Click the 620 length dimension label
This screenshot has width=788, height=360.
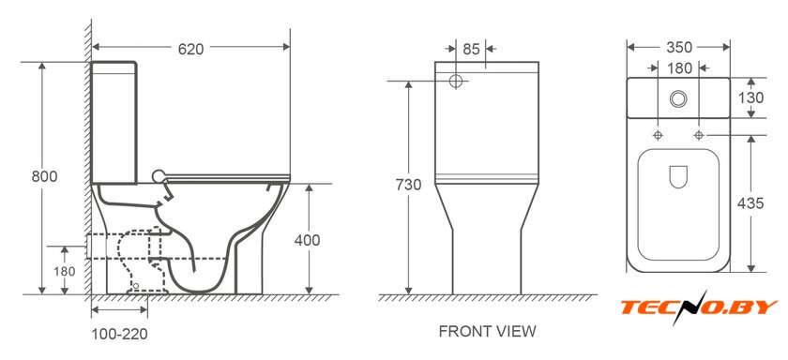click(191, 49)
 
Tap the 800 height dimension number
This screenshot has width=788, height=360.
click(44, 177)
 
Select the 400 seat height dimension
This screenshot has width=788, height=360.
click(307, 241)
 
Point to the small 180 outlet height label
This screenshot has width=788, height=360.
click(65, 272)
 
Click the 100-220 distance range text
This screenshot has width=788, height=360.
click(120, 334)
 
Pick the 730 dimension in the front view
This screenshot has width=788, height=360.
click(408, 185)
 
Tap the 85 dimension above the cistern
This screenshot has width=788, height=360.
click(471, 49)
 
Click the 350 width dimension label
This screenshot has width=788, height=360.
click(679, 47)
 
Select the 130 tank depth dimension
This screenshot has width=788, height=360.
click(750, 97)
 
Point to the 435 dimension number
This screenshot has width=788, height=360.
click(750, 203)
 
